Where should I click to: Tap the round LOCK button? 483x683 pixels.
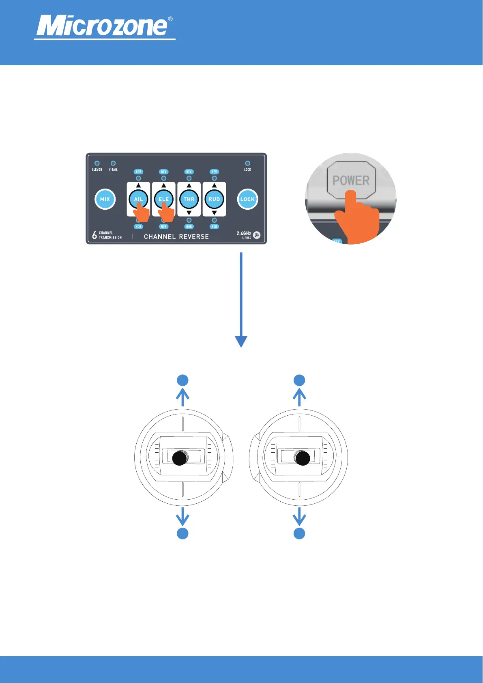[x=247, y=199]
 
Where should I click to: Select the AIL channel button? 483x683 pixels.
[x=138, y=199]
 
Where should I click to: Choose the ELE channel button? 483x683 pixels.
[x=163, y=199]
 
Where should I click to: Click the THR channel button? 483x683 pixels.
[x=189, y=199]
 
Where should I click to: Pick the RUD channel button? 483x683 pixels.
[x=214, y=199]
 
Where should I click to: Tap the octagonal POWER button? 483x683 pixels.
[x=351, y=180]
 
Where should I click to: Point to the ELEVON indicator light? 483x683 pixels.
[x=97, y=163]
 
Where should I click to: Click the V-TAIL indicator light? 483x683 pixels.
[x=113, y=163]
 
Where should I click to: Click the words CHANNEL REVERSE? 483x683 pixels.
[x=176, y=236]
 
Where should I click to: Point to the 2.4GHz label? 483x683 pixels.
[x=244, y=233]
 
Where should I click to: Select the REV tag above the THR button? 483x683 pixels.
[x=189, y=172]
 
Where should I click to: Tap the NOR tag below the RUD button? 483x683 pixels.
[x=214, y=227]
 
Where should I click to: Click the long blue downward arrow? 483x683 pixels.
[x=241, y=300]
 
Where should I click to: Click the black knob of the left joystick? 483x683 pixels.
[x=180, y=458]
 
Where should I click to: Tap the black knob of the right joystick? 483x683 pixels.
[x=303, y=458]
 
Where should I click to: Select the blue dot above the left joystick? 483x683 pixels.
[x=183, y=380]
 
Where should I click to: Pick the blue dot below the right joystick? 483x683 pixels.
[x=299, y=533]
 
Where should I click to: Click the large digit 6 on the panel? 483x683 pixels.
[x=94, y=235]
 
